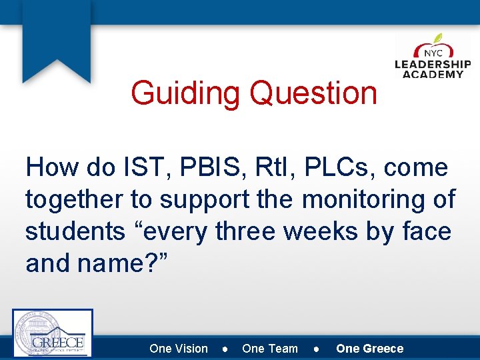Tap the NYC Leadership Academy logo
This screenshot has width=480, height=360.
433,58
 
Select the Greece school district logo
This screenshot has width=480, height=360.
53,333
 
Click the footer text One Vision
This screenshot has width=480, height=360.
179,349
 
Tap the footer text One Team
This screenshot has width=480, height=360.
270,349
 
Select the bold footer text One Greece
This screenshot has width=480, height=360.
370,349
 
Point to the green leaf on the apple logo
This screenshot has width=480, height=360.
438,39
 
